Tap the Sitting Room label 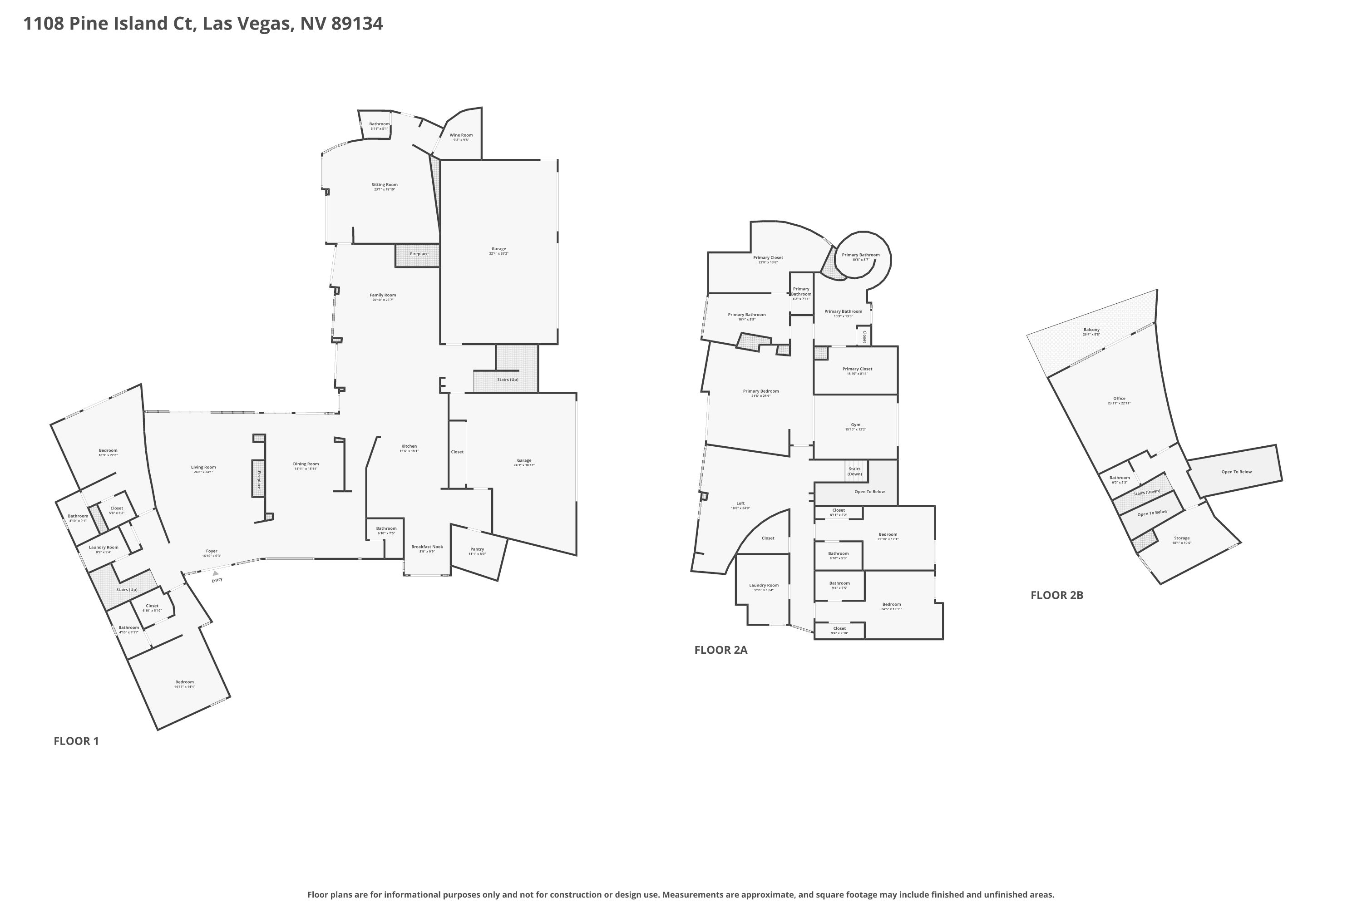[x=385, y=185]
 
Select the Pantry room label [x=477, y=549]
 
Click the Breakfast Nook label [x=427, y=547]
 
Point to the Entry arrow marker [x=215, y=573]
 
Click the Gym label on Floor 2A [x=855, y=424]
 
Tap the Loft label [x=740, y=503]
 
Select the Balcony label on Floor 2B [x=1091, y=330]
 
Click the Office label [x=1119, y=399]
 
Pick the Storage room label [x=1181, y=538]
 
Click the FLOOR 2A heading [x=720, y=650]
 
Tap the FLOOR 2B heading [x=1056, y=595]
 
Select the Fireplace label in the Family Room [x=419, y=254]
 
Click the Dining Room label [x=306, y=464]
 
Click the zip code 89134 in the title [x=357, y=23]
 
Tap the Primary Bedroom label [x=760, y=391]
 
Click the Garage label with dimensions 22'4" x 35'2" [x=498, y=249]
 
